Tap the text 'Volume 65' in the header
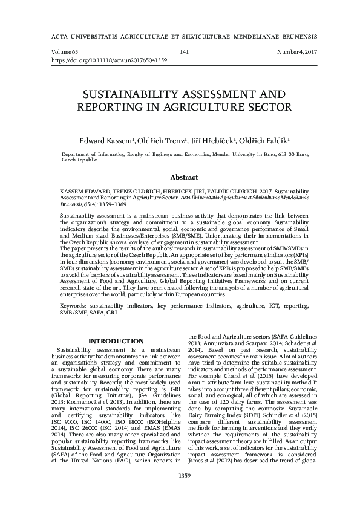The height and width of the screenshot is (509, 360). pyautogui.click(x=65, y=53)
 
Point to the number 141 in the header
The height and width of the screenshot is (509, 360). pyautogui.click(x=185, y=53)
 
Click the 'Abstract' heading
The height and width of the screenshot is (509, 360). pyautogui.click(x=185, y=178)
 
